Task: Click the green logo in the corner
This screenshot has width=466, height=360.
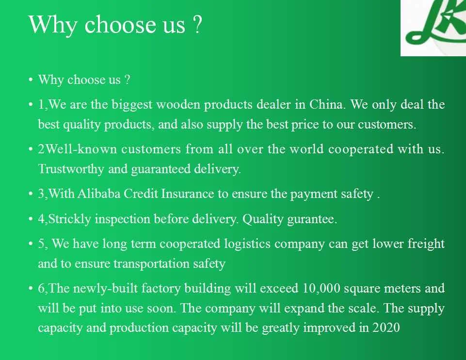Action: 436,22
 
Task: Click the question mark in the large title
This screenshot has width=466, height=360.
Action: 197,24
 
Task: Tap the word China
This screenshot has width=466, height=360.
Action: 326,104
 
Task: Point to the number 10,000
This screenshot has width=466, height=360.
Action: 321,289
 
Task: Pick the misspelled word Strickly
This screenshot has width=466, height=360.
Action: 69,219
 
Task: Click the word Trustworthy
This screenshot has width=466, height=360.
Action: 71,169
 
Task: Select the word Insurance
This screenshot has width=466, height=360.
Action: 187,194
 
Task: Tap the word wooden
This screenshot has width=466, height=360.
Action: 178,104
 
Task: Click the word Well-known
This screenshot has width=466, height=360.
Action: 80,149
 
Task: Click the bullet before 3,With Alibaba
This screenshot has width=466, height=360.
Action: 31,194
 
